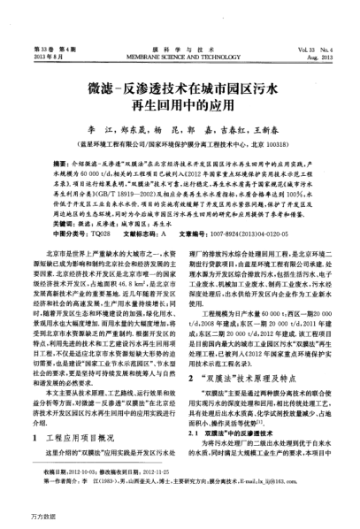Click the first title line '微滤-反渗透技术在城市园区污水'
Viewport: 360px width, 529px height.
coord(180,67)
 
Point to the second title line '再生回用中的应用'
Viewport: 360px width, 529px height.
coord(180,87)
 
